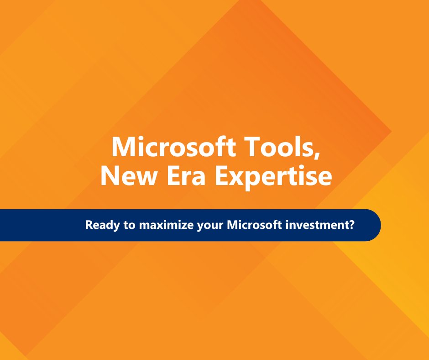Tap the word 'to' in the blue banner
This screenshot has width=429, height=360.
tap(121, 225)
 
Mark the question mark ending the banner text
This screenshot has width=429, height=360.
tap(352, 225)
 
